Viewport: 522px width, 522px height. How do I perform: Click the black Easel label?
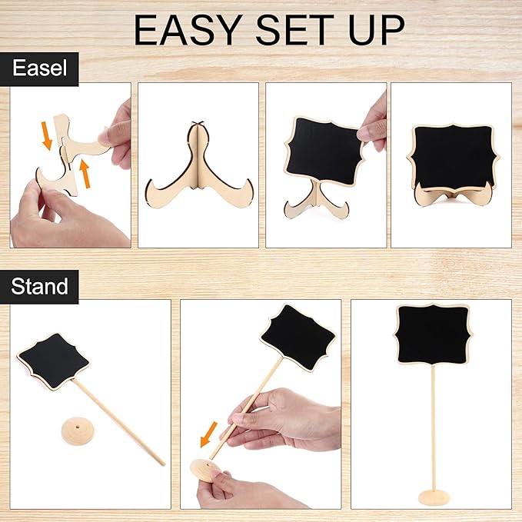[x=45, y=68]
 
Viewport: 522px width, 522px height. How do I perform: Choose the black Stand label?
[x=39, y=287]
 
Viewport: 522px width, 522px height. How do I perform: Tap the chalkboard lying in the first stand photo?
[x=55, y=358]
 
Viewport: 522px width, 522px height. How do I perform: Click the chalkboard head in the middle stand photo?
[x=298, y=337]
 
